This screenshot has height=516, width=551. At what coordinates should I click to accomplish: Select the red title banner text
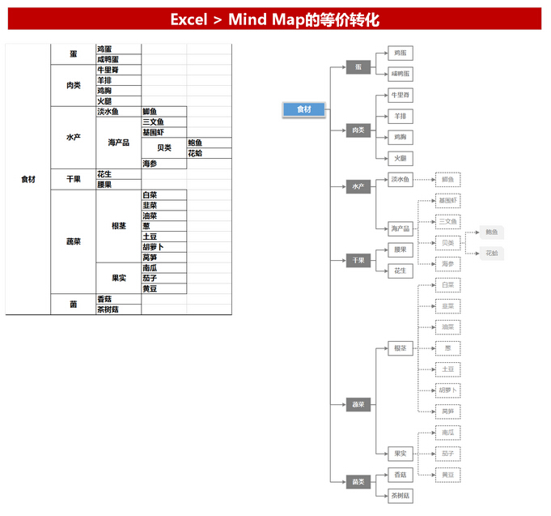(275, 19)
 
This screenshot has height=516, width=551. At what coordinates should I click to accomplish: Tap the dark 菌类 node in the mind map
(358, 482)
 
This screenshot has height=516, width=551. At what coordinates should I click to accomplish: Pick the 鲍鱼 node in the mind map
(492, 232)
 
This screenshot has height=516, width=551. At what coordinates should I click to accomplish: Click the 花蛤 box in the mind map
(492, 254)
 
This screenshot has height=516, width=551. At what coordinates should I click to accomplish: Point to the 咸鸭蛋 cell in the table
(108, 59)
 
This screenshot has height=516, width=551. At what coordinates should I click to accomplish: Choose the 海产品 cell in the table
(118, 143)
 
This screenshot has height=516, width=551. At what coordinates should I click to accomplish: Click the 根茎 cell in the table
(118, 226)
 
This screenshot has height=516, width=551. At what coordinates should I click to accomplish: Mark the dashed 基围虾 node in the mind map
(447, 200)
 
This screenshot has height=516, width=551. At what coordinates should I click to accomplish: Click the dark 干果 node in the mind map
(358, 261)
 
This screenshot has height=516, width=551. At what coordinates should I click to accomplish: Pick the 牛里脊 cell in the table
(108, 70)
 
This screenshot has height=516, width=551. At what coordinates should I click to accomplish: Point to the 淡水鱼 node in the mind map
(401, 179)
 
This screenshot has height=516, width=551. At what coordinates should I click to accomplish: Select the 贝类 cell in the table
(163, 148)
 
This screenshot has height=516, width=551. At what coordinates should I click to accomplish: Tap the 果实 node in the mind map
(401, 453)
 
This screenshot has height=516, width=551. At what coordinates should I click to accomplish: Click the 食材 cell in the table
(28, 179)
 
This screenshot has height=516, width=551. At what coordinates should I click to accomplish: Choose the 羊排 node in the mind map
(401, 116)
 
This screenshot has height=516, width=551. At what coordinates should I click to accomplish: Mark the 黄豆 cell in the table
(150, 289)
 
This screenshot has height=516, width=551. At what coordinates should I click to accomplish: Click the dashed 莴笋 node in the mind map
(447, 411)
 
